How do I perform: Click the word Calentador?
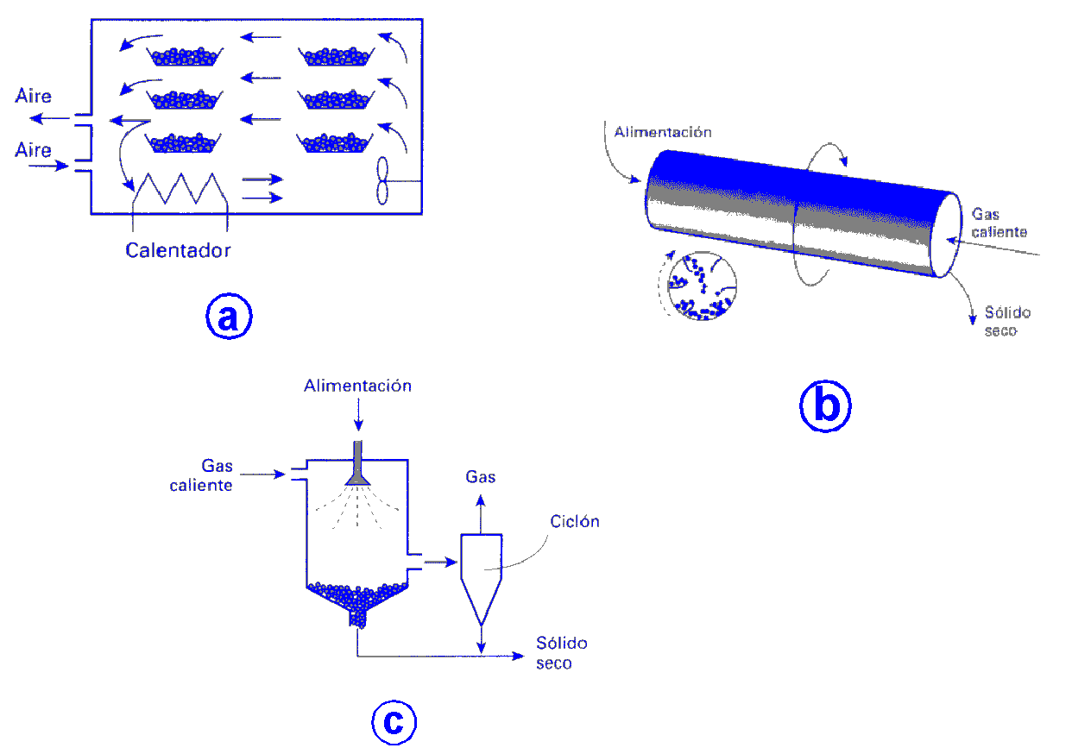click(x=178, y=251)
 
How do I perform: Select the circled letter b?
click(x=825, y=405)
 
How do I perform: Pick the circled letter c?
click(x=394, y=721)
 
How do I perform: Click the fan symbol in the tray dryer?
click(x=384, y=181)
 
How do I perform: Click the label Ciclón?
click(x=574, y=522)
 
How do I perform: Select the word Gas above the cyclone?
click(x=481, y=476)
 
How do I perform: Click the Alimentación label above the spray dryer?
click(x=357, y=386)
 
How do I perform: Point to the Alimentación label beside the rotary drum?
click(x=663, y=132)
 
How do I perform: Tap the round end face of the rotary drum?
click(x=949, y=235)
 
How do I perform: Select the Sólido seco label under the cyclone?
click(x=562, y=653)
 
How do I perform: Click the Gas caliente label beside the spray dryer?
click(x=201, y=476)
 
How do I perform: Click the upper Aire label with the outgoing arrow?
click(x=34, y=96)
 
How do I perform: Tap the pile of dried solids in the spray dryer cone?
click(x=356, y=594)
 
